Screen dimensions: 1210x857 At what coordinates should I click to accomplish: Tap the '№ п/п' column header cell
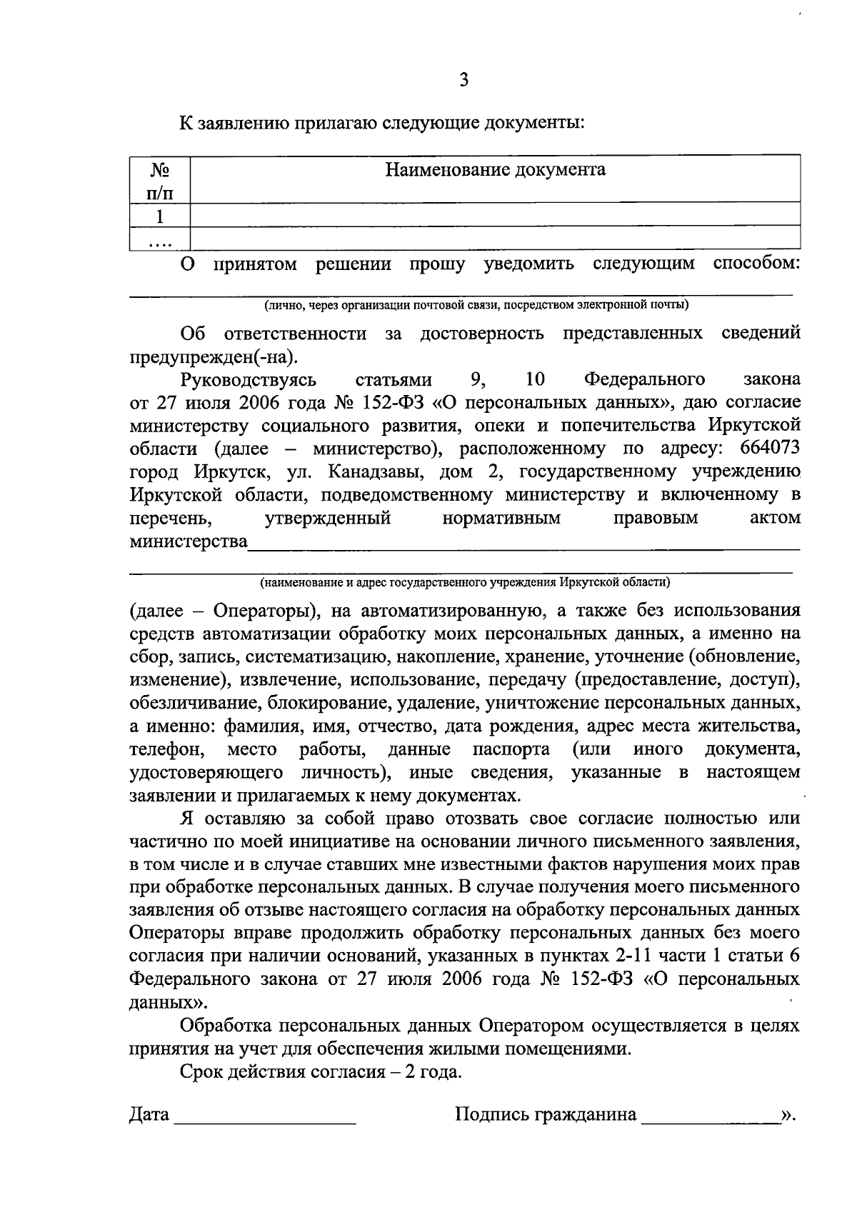[159, 181]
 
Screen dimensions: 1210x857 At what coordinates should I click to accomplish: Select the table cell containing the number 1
[159, 216]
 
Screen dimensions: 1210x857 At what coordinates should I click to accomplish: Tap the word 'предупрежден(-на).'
[212, 357]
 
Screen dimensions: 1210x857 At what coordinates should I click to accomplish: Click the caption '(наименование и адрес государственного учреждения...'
[465, 582]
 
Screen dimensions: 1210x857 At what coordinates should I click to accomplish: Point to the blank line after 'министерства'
[523, 546]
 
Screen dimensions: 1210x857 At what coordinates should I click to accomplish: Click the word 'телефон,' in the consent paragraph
[168, 750]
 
